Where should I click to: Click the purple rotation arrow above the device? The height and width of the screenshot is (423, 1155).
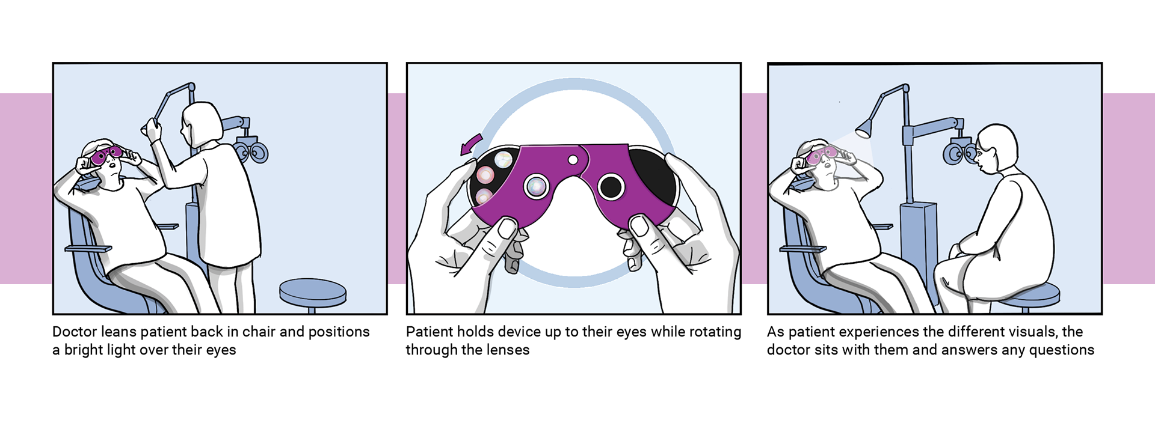point(470,144)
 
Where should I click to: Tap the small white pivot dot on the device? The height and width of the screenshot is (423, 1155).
point(573,160)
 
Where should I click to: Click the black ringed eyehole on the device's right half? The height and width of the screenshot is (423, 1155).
point(611,187)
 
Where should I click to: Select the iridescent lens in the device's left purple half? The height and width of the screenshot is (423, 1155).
point(534,186)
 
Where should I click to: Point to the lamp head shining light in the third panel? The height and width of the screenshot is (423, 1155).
point(864,127)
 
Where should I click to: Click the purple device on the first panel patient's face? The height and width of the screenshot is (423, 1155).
point(106,155)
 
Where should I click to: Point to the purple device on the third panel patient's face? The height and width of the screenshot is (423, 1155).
point(821,155)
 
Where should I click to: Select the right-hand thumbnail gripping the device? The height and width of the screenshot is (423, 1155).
point(639,226)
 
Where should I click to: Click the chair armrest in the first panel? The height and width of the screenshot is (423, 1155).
point(88,248)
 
